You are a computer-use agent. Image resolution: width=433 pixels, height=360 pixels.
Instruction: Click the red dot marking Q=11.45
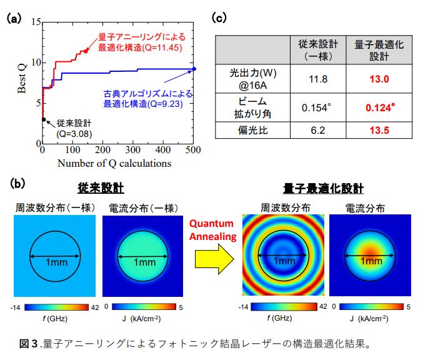[86, 51]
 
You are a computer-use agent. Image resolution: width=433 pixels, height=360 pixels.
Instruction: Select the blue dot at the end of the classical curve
[194, 69]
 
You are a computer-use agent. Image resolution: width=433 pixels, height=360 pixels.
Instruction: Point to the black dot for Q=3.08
[44, 119]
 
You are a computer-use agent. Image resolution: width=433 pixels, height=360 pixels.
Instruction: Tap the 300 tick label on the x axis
[133, 150]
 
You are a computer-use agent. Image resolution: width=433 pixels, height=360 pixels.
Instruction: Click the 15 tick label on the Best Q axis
[36, 21]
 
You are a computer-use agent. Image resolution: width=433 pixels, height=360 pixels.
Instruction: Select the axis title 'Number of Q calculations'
[114, 163]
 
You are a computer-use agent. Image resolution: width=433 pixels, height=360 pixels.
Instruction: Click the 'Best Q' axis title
[21, 79]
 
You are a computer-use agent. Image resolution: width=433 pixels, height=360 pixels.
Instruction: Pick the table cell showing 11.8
[318, 79]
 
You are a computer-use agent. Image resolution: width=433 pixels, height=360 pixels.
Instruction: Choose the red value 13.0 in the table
[379, 79]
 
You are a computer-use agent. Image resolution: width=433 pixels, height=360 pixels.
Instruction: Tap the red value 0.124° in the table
[381, 107]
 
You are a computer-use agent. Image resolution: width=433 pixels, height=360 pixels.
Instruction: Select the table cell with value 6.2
[318, 130]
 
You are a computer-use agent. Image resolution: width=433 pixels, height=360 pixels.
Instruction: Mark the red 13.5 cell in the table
[379, 130]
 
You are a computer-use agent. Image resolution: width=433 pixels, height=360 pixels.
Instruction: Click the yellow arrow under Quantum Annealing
[214, 259]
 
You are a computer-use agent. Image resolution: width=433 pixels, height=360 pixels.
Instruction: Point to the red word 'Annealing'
[213, 237]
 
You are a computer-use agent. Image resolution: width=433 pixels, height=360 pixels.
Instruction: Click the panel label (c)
[219, 17]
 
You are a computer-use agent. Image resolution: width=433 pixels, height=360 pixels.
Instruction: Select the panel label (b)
[17, 184]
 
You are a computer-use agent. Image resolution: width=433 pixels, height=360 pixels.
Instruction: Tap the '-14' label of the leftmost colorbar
[15, 307]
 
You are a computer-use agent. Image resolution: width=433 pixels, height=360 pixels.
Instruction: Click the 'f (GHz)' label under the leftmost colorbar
[55, 319]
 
